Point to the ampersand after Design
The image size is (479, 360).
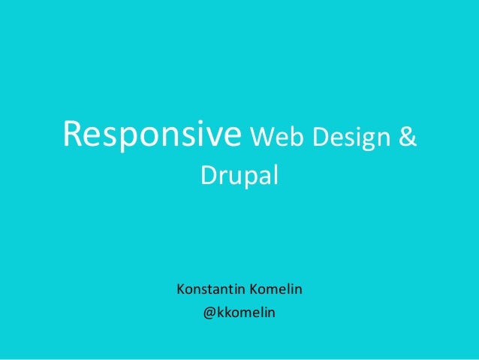405,138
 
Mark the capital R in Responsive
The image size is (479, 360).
73,135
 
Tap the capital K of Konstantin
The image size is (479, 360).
179,288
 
